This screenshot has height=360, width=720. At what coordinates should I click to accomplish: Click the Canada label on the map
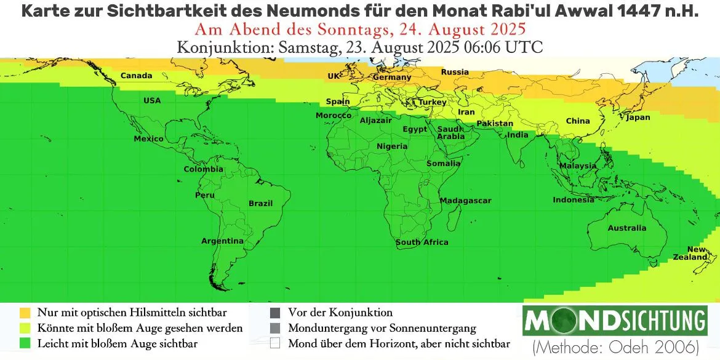coord(136,76)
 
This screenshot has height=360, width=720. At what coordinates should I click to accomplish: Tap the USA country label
coord(152,101)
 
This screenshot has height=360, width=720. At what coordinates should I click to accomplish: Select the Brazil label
coord(260,203)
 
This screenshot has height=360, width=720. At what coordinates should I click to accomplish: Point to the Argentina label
coord(222,241)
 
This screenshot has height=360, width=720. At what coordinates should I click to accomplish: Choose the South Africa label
coord(422,242)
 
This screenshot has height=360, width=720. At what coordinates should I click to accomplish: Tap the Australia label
coord(627,228)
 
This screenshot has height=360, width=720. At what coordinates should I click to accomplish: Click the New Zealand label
coord(697,253)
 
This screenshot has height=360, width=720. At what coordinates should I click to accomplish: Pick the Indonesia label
coord(574,200)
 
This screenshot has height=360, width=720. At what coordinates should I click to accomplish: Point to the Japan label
coord(638,118)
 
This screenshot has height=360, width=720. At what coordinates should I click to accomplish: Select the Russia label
coord(455,72)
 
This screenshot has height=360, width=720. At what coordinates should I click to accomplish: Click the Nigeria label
coord(392,146)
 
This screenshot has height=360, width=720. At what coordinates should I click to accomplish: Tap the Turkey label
coord(433,102)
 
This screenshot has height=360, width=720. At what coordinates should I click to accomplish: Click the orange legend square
coord(25,313)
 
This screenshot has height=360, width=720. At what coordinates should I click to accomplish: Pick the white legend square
coord(275,343)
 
